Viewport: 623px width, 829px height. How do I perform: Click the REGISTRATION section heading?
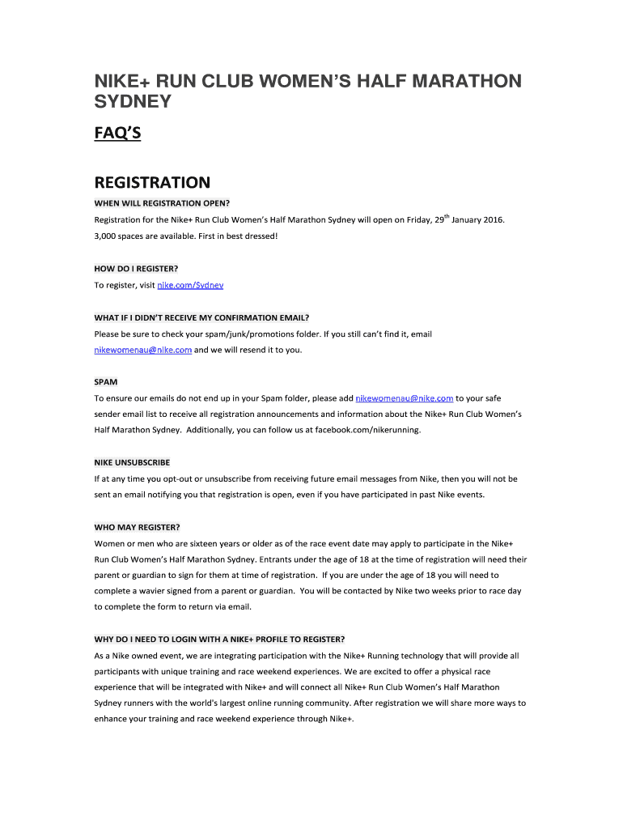click(x=152, y=182)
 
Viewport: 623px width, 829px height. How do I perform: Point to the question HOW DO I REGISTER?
click(x=136, y=268)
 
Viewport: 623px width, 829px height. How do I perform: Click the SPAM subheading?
click(x=105, y=380)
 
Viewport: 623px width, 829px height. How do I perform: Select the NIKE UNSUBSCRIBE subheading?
click(x=132, y=462)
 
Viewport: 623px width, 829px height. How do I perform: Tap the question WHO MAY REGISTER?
click(x=137, y=527)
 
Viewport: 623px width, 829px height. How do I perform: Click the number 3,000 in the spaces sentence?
click(x=107, y=236)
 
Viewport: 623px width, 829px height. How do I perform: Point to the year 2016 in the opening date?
click(x=493, y=219)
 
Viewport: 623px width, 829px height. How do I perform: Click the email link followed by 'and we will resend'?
click(x=143, y=350)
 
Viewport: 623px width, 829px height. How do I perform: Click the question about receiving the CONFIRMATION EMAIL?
click(x=201, y=317)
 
